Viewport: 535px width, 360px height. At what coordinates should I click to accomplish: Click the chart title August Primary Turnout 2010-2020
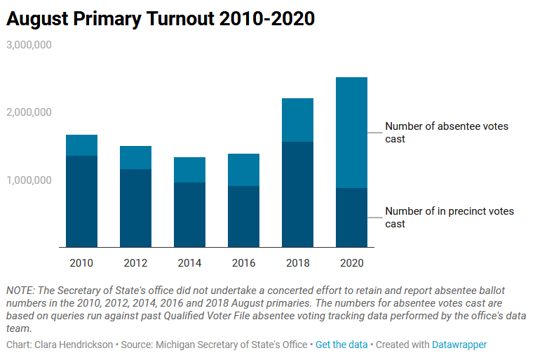click(x=161, y=20)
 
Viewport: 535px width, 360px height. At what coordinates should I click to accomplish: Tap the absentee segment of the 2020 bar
click(x=351, y=133)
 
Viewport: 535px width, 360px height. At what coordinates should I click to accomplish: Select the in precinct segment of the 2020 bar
click(x=351, y=218)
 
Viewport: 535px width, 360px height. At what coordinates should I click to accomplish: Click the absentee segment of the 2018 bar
click(x=297, y=120)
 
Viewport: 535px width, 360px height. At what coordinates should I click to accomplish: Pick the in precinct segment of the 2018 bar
click(x=297, y=194)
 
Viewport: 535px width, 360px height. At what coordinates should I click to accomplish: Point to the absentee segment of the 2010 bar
click(x=81, y=145)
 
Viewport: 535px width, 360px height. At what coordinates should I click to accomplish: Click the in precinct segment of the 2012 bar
click(x=135, y=208)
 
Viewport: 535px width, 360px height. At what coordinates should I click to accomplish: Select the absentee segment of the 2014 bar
click(x=189, y=170)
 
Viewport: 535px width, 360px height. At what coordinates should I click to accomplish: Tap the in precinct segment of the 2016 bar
click(x=243, y=216)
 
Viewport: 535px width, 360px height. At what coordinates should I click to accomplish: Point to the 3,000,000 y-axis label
click(x=29, y=45)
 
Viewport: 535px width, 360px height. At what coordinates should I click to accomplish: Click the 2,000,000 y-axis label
click(x=29, y=112)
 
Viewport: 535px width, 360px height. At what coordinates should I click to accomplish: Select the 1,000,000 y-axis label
click(x=29, y=180)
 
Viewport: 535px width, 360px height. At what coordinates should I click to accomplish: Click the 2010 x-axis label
click(x=81, y=263)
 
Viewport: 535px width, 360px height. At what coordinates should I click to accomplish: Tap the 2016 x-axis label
click(x=243, y=263)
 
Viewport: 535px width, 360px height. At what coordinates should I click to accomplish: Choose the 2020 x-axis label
click(x=351, y=263)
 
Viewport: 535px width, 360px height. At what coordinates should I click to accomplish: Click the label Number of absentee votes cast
click(x=447, y=133)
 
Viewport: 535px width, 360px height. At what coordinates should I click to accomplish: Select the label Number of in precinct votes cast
click(x=449, y=218)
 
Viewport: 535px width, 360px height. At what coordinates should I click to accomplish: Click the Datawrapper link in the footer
click(x=459, y=345)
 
